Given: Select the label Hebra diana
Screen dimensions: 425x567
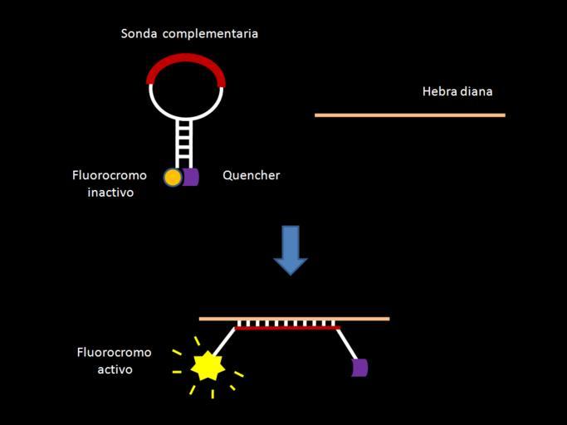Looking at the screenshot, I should tap(457, 91).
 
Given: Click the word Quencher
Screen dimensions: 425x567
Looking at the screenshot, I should tap(251, 175).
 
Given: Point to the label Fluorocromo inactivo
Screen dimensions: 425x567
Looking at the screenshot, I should tap(110, 183).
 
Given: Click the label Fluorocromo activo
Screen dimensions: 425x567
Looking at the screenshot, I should tap(115, 360).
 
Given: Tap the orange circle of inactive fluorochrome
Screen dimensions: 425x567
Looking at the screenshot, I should tap(173, 177).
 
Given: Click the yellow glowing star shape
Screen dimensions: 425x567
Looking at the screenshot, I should tap(208, 365).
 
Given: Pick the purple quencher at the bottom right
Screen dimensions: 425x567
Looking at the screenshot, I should tap(359, 367).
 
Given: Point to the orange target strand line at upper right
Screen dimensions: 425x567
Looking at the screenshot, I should tap(410, 115).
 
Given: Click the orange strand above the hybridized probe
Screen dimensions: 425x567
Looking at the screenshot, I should tap(294, 318).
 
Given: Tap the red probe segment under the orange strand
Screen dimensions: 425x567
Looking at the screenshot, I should tap(287, 329).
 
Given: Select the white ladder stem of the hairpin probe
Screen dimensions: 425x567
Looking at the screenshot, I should tap(184, 142).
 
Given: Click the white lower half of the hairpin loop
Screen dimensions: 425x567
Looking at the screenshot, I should tap(186, 112).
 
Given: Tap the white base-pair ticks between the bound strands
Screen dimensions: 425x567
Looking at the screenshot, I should tap(286, 323).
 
